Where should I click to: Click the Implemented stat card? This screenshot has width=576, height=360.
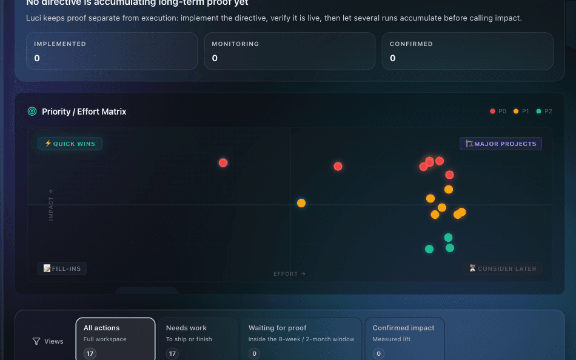pos(112,51)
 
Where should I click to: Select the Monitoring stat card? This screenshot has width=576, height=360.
pos(289,51)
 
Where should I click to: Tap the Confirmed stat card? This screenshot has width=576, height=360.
pos(467,51)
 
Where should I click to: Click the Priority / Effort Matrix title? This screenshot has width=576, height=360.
pos(84,112)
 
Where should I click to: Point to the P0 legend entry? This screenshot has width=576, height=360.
pos(498,112)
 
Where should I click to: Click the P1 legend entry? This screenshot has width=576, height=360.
pos(521,112)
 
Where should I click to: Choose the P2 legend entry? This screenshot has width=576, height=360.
pos(544,112)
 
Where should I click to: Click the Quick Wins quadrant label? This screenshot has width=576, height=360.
pos(70,144)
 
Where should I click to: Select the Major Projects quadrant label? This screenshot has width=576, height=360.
pos(501,144)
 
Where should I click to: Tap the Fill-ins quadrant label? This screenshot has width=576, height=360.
pos(62,268)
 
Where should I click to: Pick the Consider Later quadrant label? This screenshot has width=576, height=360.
pos(503,268)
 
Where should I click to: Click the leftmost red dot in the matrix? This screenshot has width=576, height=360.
pos(223,162)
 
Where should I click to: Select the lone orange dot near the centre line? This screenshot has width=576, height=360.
pos(301,203)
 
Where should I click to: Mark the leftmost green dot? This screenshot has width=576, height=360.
pos(429,249)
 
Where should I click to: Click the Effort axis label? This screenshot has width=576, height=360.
pos(289,274)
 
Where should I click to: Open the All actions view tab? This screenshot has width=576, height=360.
pos(115,339)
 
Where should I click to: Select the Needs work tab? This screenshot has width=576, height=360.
pos(197,339)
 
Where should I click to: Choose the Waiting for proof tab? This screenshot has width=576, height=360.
pos(301,339)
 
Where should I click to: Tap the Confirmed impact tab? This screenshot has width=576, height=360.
pos(404,339)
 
